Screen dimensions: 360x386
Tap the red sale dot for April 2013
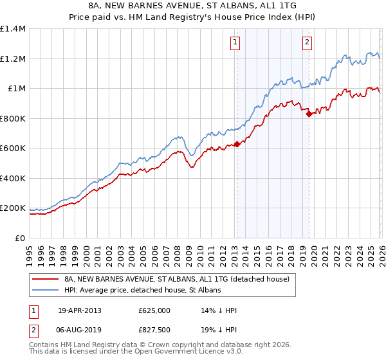pos(237,144)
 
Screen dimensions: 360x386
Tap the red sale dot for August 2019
pos(309,114)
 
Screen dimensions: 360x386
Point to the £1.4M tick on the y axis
pos(13,29)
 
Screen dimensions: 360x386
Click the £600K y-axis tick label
pos(13,148)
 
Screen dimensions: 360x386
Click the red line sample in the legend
pos(45,280)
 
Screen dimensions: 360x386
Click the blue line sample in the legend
pos(45,291)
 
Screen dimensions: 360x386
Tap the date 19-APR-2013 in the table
pos(80,310)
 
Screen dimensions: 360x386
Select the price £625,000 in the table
pos(154,310)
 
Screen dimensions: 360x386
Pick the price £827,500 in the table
pos(154,330)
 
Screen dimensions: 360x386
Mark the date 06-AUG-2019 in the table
pos(80,330)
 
